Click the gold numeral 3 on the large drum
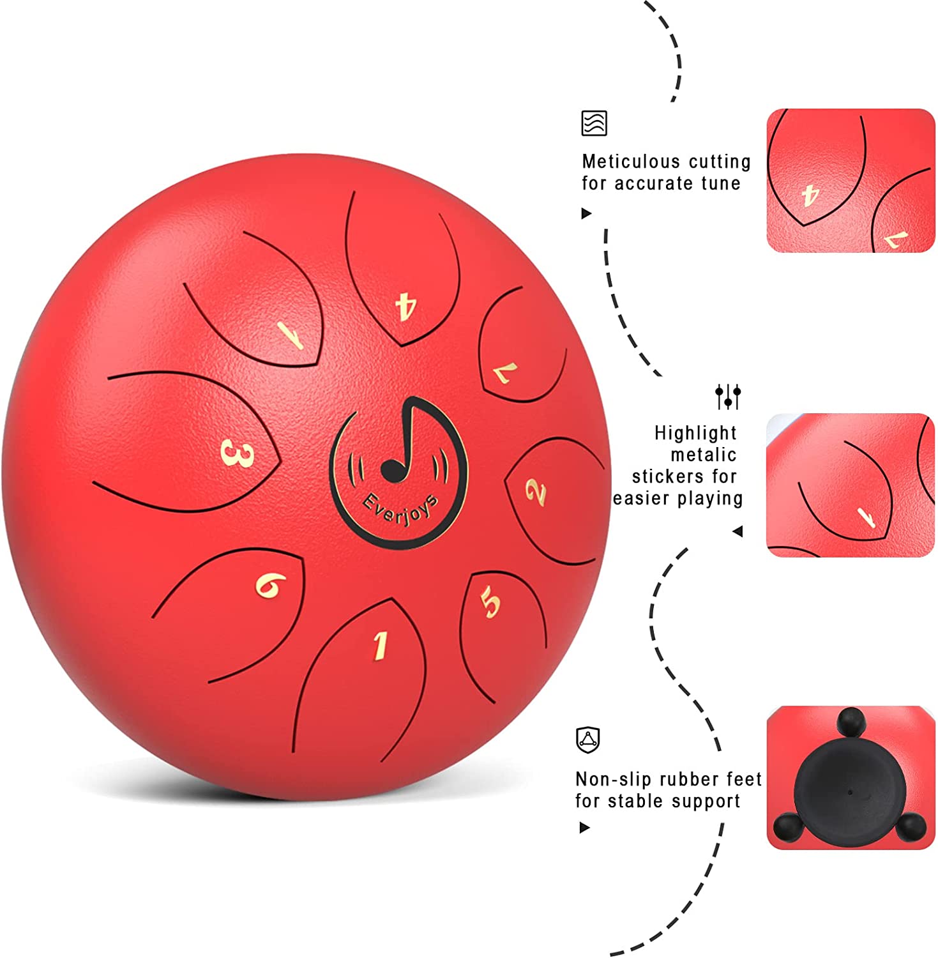tap(237, 454)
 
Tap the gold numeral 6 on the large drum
tap(271, 585)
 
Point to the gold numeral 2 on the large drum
tap(536, 492)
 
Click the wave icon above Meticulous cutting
tap(594, 123)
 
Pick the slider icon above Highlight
tap(728, 397)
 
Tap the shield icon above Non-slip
tap(587, 740)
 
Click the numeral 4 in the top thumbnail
tap(810, 195)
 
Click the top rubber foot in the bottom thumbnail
tap(850, 722)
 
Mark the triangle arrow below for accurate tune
tap(586, 213)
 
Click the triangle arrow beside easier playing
tap(738, 531)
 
